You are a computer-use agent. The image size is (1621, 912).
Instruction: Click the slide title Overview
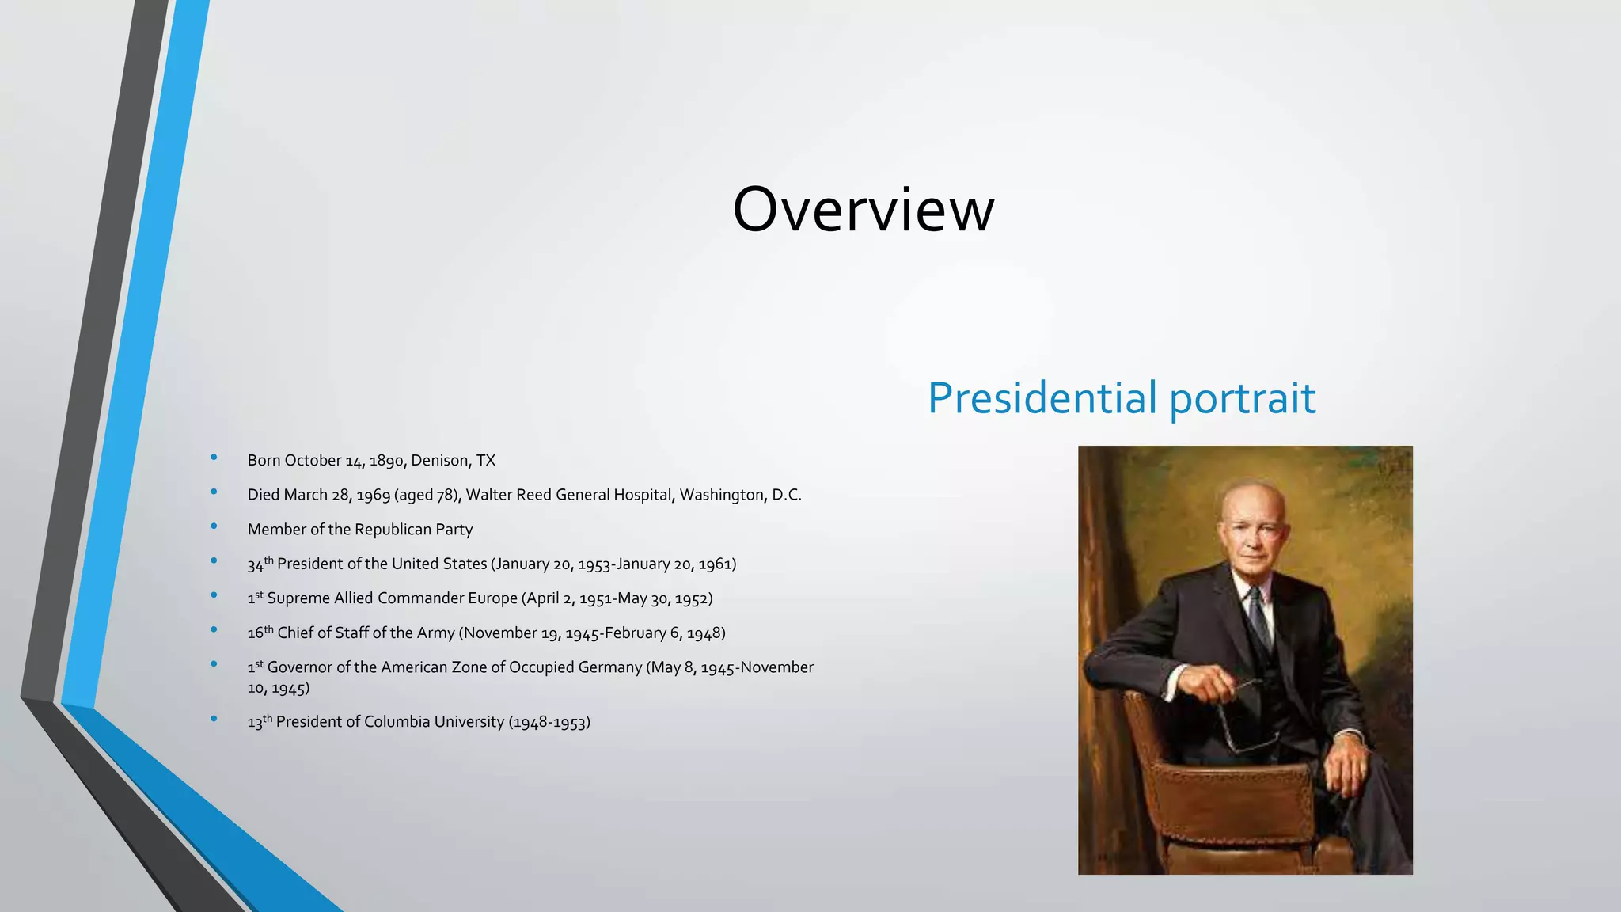863,210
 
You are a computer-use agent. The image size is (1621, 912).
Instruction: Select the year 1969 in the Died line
373,496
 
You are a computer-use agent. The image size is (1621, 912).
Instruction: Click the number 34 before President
255,565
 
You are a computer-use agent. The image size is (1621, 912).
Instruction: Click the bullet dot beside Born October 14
214,458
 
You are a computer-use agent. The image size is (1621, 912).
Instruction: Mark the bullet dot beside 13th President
214,719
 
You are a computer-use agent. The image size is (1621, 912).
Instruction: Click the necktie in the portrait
1258,614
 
